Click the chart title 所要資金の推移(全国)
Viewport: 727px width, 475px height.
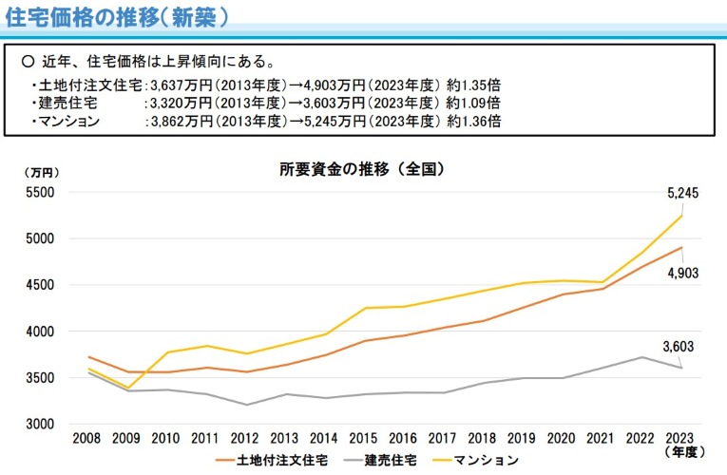(362, 170)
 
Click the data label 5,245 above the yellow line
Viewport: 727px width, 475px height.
(683, 193)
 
